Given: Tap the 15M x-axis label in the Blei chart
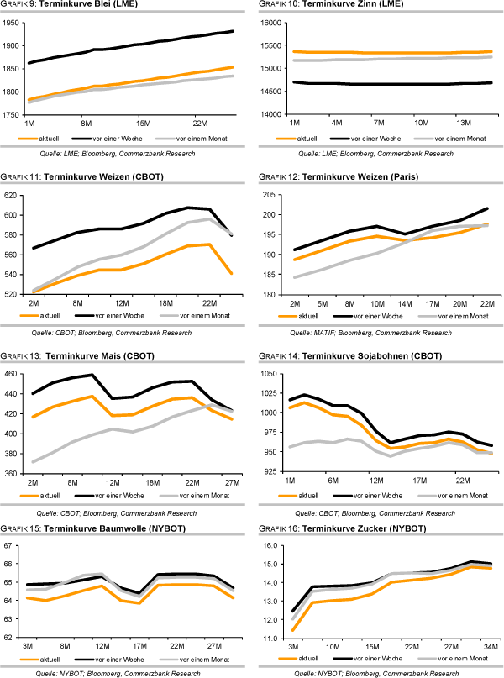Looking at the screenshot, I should pos(142,122).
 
